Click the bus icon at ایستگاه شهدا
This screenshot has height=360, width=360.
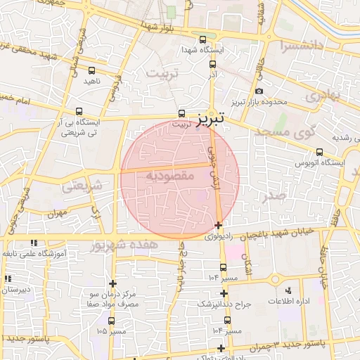point(203,39)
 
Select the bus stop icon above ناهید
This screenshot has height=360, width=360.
point(92,70)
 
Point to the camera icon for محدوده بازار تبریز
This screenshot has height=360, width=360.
point(259,91)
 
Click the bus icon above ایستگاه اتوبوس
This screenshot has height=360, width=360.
point(320,152)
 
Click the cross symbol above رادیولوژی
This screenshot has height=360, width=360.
point(219,226)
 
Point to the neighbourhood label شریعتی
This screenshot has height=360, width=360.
point(82,186)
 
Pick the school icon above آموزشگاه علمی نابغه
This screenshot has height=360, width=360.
point(33,243)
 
